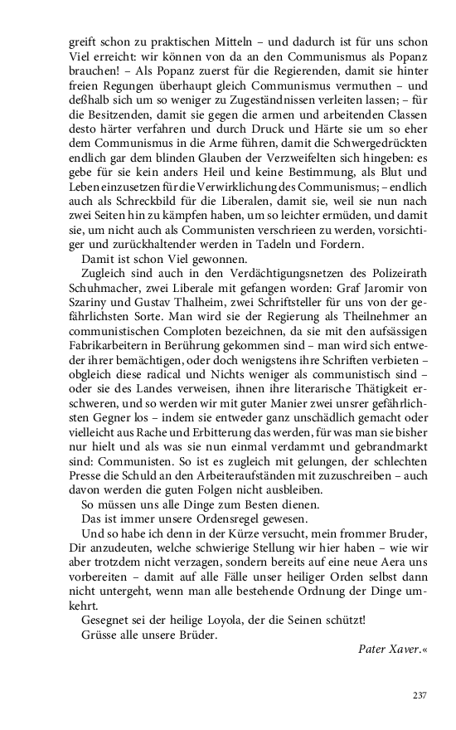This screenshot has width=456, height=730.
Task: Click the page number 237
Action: coord(419,695)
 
